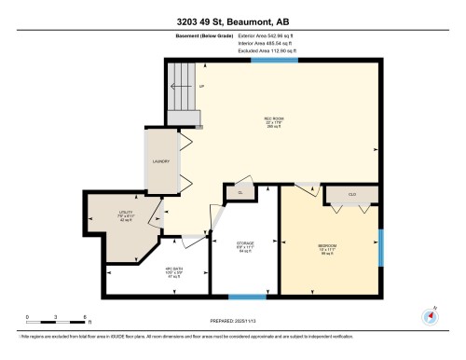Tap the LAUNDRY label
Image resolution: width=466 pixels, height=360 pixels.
[x=158, y=161]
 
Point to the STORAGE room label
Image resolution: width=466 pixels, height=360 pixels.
[x=245, y=247]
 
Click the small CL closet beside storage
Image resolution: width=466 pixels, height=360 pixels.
[x=240, y=193]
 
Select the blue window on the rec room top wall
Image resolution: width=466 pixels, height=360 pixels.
[x=280, y=61]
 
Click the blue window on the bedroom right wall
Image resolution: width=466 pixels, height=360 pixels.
[x=381, y=246]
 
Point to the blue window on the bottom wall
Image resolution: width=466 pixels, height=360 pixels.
[x=246, y=298]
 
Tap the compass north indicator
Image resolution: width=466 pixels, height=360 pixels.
[x=430, y=316]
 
